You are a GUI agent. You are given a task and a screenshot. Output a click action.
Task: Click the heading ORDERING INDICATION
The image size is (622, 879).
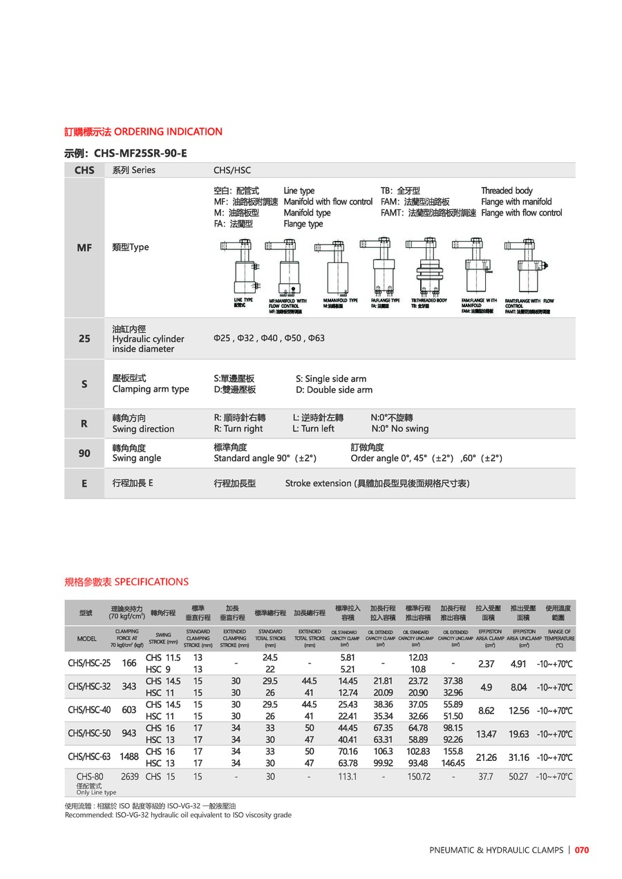tap(168, 131)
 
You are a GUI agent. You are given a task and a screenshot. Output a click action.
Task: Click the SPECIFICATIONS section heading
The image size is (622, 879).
tap(151, 581)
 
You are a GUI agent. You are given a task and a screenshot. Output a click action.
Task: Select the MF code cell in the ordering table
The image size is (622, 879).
tap(84, 247)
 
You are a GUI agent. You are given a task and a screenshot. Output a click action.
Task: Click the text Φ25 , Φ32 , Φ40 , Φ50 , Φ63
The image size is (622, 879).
tap(269, 338)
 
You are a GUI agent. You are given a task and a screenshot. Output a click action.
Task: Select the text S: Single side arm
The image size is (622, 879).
tap(331, 378)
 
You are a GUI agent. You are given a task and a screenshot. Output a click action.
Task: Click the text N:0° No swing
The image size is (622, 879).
tap(399, 428)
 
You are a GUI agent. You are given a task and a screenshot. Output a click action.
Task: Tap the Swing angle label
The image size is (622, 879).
tap(137, 458)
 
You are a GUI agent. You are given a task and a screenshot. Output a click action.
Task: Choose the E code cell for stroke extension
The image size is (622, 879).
tap(84, 483)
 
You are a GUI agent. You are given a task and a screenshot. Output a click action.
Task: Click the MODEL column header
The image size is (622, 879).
tap(87, 639)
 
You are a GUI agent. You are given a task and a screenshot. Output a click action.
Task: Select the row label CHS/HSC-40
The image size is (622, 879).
tap(89, 711)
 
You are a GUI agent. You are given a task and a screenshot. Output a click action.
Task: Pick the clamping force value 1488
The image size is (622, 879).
tap(129, 757)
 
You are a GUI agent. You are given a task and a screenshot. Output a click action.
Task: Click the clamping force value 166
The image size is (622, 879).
tap(129, 664)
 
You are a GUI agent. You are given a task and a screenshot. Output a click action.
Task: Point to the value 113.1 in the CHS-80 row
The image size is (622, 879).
tap(348, 776)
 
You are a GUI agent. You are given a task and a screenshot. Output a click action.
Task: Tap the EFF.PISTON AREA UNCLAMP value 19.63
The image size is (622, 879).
tap(518, 734)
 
